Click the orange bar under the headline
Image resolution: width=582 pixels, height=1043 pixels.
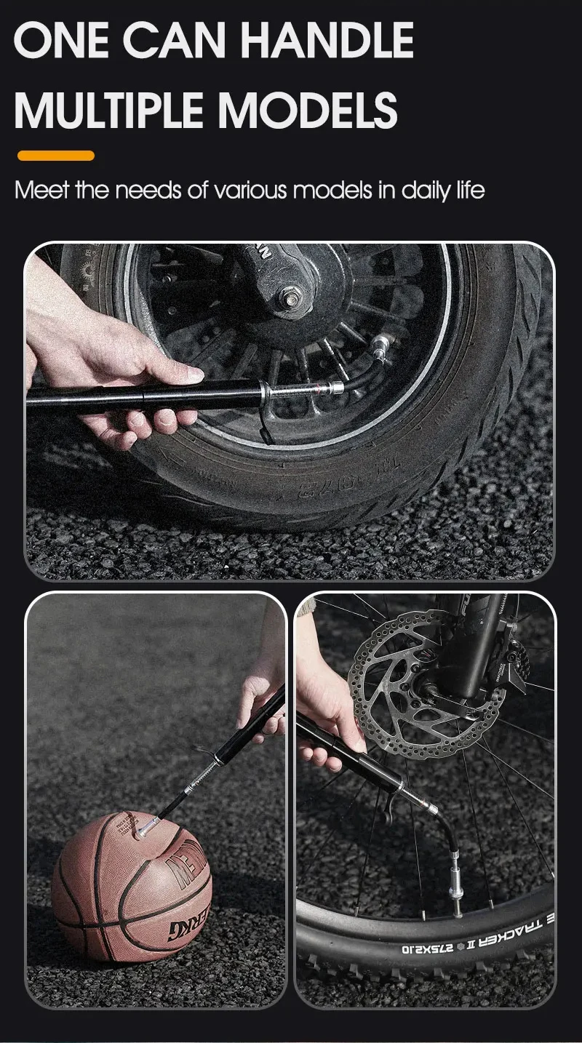click(56, 155)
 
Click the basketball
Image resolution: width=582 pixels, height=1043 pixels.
click(131, 887)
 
